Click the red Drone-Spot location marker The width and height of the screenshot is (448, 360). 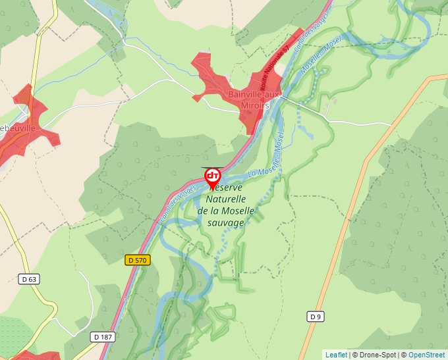(212, 176)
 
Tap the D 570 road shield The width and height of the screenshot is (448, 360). (138, 260)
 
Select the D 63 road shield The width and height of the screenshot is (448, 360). (28, 279)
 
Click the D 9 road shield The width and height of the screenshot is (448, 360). (316, 317)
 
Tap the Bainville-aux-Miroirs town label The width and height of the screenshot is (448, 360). (254, 95)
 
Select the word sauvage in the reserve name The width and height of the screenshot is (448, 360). (225, 222)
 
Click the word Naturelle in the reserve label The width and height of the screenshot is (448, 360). (225, 199)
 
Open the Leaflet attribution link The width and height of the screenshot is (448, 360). (336, 355)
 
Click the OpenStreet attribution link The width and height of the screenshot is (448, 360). (426, 355)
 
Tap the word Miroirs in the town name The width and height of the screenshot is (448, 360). (254, 106)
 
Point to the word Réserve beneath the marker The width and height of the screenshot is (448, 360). (225, 188)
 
